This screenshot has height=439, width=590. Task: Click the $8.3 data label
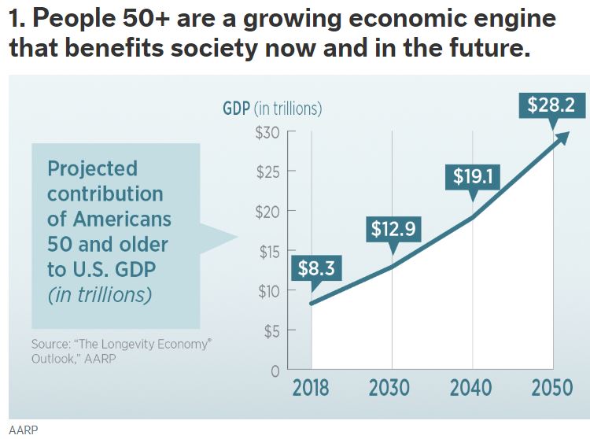tap(316, 268)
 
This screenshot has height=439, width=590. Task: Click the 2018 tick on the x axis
tap(312, 388)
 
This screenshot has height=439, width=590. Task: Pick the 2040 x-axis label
tap(471, 388)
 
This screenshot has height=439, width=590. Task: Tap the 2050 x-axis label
tap(552, 388)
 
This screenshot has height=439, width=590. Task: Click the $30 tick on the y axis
tap(268, 132)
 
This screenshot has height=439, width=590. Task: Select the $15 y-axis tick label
tap(269, 252)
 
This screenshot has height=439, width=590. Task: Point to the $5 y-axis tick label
tap(271, 331)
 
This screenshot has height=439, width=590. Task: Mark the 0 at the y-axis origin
tap(276, 371)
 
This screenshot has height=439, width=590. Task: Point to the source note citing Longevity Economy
tap(121, 352)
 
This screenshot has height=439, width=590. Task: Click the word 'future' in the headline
tap(485, 50)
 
